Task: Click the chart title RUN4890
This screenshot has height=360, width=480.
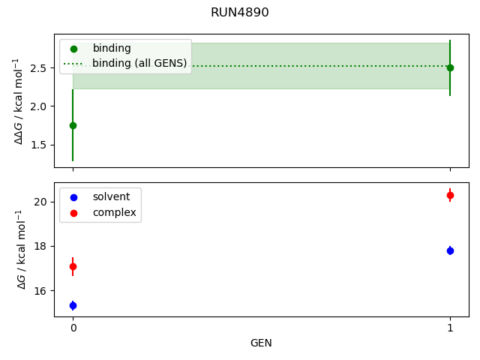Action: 240,13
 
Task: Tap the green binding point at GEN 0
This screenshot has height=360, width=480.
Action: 73,125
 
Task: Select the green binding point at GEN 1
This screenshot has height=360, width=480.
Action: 450,67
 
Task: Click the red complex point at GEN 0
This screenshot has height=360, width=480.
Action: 73,266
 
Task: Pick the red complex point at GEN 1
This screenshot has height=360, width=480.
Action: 450,195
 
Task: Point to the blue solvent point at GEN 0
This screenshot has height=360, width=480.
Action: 73,305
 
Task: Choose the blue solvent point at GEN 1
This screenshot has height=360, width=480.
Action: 450,250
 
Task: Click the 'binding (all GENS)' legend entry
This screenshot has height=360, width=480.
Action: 139,63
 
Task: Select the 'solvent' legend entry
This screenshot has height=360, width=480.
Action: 111,196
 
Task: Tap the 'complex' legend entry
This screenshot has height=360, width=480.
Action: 114,212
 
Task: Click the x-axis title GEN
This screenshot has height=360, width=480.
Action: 261,343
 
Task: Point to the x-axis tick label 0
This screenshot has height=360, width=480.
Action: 73,328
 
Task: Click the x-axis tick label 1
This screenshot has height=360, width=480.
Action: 450,328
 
